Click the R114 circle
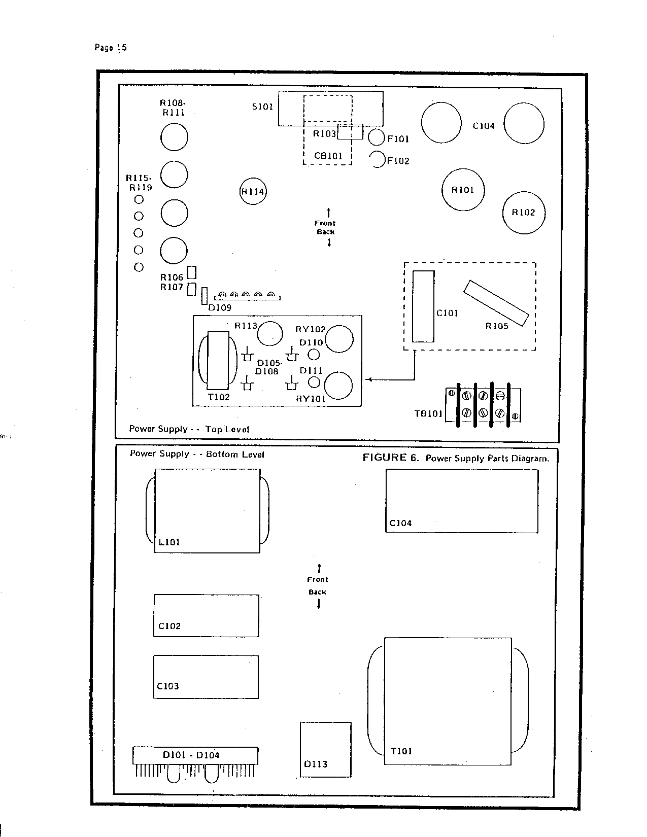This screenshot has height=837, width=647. point(253,191)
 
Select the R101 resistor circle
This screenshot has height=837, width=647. point(463,190)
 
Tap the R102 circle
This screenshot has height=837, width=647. point(524,213)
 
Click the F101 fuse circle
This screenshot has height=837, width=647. point(377,137)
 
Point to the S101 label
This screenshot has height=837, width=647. point(262,107)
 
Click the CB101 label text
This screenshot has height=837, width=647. point(328,156)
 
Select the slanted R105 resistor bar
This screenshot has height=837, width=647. point(496,303)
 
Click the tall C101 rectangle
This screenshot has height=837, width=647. point(423,306)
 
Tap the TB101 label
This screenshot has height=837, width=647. point(428,414)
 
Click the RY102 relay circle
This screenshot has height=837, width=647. point(339,339)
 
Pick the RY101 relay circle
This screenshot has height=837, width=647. point(338,386)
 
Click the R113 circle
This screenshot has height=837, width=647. point(270,334)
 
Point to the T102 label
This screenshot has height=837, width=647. point(219,397)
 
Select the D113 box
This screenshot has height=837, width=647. point(326,750)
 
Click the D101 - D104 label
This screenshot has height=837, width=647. point(191,755)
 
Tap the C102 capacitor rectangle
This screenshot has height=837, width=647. point(206,616)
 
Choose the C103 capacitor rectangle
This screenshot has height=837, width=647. point(206,677)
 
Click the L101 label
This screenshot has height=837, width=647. point(169,542)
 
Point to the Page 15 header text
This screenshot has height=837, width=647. point(111,48)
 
